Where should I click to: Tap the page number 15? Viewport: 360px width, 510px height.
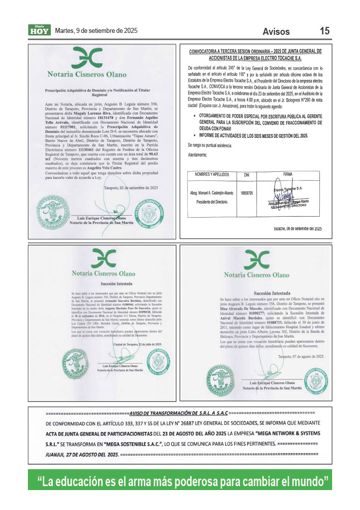[325, 31]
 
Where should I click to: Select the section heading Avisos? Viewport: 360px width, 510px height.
[276, 32]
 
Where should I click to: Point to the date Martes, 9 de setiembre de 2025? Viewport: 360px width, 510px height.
[96, 30]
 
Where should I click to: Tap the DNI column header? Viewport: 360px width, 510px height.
[246, 175]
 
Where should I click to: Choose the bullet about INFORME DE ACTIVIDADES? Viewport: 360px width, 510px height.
[253, 136]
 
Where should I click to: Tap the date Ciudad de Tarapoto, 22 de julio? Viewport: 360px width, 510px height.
[137, 345]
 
